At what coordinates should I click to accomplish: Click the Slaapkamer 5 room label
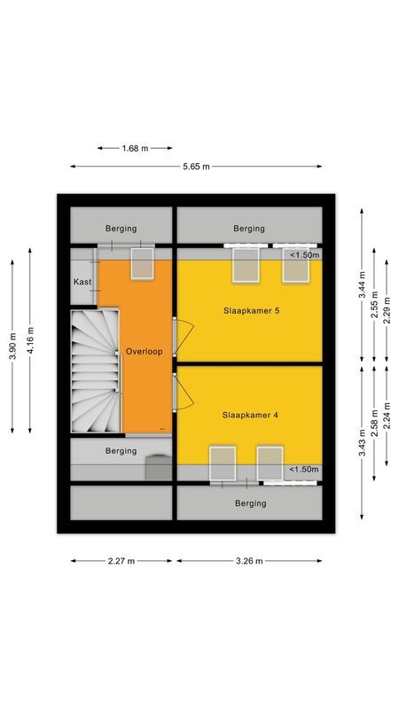pos(249,310)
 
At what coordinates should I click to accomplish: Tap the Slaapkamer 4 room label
pos(249,414)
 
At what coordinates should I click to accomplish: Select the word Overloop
pos(144,351)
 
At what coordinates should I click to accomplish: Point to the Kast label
pos(82,282)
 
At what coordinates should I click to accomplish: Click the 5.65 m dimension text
pos(196,167)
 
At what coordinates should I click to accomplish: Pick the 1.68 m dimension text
pos(135,148)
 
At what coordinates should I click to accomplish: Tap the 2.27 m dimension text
pos(121,561)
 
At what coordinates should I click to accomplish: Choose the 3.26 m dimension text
pos(249,561)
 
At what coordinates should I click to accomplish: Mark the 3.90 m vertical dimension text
pos(12,347)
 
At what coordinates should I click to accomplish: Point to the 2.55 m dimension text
pos(374,305)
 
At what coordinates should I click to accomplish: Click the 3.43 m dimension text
pos(361,442)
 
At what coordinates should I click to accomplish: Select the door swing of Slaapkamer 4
pos(183,392)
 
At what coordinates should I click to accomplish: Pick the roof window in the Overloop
pos(143,263)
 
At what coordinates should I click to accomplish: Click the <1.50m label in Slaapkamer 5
pos(304,255)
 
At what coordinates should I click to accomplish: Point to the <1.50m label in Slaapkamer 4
pos(304,470)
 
